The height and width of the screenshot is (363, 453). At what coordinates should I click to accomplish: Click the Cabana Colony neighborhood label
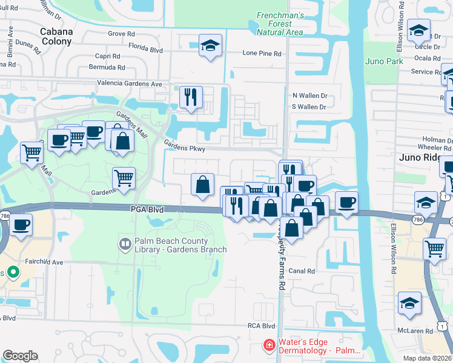click(x=56, y=36)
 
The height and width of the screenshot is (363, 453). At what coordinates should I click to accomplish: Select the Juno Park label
click(x=384, y=61)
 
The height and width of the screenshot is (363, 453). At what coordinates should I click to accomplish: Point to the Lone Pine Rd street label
click(x=262, y=53)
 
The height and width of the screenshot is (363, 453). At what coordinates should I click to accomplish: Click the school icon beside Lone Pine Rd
click(x=210, y=45)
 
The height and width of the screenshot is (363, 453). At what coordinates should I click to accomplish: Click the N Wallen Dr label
click(x=309, y=96)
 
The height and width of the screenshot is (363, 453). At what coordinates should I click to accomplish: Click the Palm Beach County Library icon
click(x=125, y=244)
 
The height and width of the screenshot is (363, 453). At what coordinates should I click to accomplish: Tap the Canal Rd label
click(x=302, y=271)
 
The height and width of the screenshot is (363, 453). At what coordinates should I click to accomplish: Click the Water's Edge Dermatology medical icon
click(x=268, y=345)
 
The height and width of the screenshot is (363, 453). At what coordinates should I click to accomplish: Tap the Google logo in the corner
click(x=20, y=356)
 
